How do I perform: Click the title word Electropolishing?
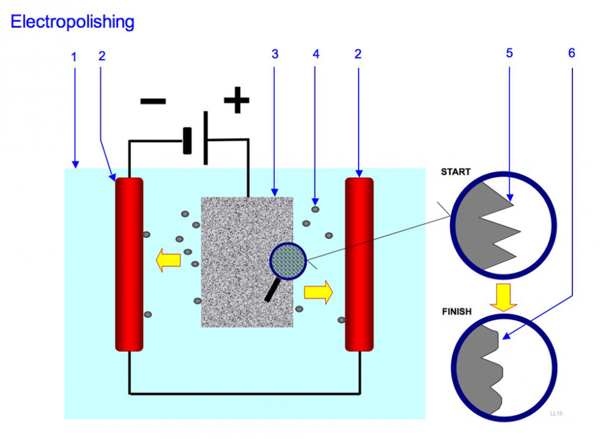tap(72, 22)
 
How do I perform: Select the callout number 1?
tap(74, 57)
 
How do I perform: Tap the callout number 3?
tap(275, 54)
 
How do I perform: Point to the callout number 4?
tap(316, 54)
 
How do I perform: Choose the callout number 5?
tap(509, 53)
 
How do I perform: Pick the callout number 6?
tap(572, 53)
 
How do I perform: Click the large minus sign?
tap(153, 101)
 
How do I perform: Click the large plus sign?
tap(236, 101)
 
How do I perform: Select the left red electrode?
tap(129, 264)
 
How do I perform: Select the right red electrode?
tap(359, 264)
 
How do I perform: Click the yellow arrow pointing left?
tap(168, 260)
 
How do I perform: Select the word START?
tap(456, 172)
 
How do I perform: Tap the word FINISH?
tap(457, 311)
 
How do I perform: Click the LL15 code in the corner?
tap(556, 413)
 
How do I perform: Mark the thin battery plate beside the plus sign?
tap(206, 138)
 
